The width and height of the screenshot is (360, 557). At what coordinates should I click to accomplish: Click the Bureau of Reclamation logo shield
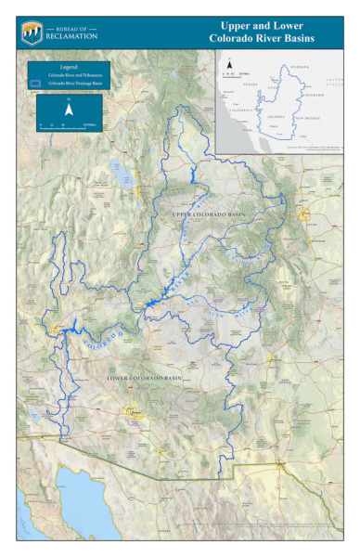(31, 32)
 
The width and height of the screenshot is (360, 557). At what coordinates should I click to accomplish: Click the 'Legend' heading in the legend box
(69, 68)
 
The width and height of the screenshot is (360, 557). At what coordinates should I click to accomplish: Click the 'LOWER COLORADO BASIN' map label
(144, 379)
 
